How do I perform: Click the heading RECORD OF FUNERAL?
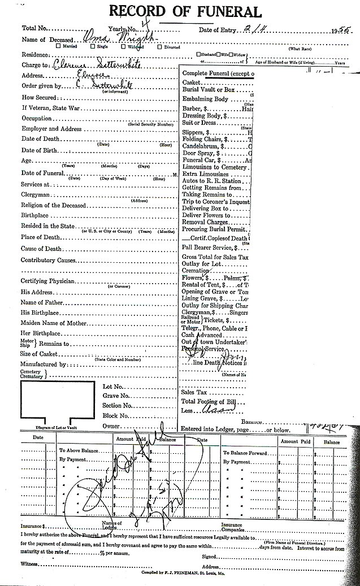185,12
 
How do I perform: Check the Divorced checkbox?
149,47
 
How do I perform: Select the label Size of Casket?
41,354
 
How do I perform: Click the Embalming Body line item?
205,99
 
